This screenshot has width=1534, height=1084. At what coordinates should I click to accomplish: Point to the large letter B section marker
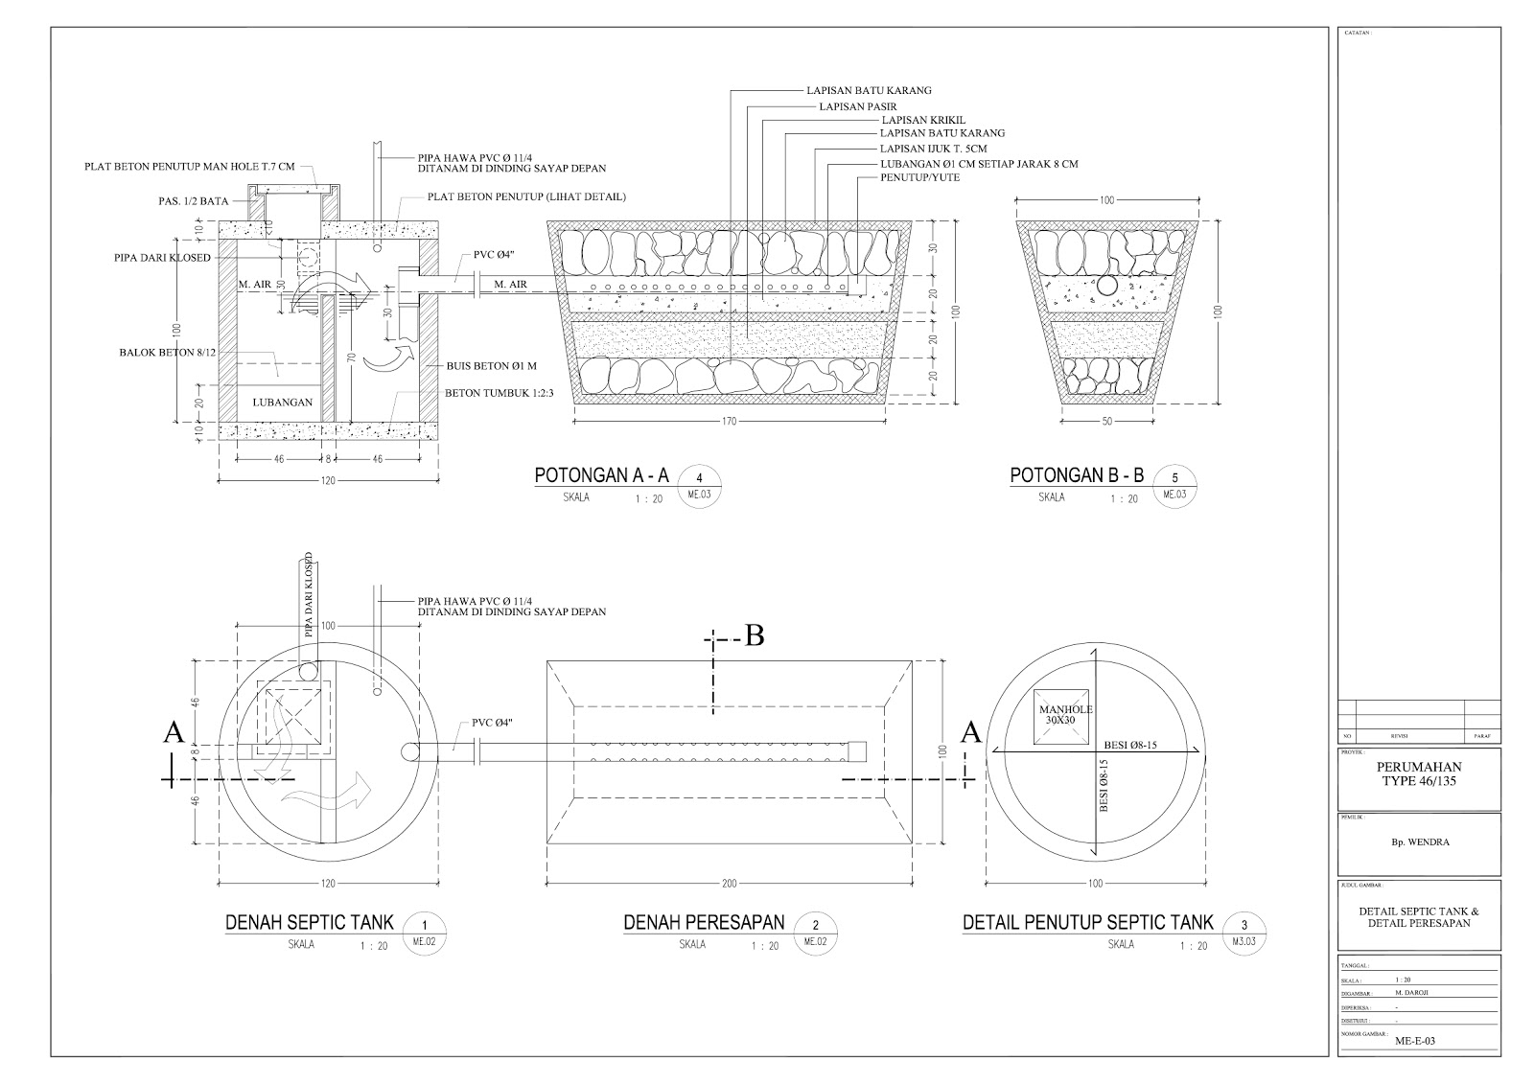(755, 636)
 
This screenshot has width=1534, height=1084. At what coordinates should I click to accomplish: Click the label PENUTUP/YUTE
(919, 178)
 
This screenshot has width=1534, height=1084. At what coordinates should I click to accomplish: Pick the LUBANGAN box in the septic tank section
(282, 403)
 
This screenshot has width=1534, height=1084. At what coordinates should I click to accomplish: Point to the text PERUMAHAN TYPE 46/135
(1419, 774)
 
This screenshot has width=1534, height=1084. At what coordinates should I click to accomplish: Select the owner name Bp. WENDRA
(1419, 843)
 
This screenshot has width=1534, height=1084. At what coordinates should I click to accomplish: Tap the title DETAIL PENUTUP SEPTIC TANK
(1088, 922)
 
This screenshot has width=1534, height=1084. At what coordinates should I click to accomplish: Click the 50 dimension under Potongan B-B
(1108, 420)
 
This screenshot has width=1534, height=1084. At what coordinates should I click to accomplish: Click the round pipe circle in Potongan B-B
(1108, 286)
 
